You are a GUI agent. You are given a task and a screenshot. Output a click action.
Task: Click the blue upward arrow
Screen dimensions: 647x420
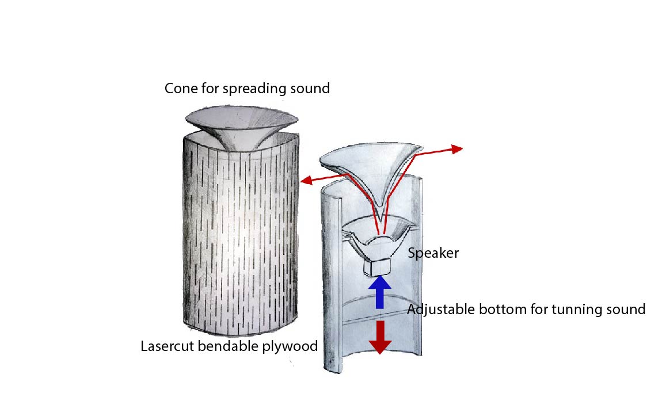coord(379,292)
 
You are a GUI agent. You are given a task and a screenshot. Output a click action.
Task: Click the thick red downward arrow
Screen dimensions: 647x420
coord(380,337)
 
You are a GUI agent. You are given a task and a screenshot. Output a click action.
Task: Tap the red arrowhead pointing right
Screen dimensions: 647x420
coord(457,149)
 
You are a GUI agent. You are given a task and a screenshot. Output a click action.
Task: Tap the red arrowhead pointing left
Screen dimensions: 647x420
coord(306,180)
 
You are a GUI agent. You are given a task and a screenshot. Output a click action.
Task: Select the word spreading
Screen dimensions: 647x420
coord(250,89)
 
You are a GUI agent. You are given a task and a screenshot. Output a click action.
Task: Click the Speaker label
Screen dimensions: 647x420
coord(433,253)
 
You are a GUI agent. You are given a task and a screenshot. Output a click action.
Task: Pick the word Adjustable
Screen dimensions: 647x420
coord(441,310)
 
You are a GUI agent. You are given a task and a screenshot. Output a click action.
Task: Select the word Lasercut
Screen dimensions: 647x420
coord(167,346)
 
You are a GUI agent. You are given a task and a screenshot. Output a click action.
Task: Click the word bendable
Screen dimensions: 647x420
coord(228,346)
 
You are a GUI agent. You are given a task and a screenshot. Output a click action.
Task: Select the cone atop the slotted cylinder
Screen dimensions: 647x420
coord(242,123)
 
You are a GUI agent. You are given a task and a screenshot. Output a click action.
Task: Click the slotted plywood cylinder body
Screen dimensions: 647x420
coord(241,233)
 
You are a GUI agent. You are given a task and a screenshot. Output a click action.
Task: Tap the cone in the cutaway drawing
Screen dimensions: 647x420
coord(371,169)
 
